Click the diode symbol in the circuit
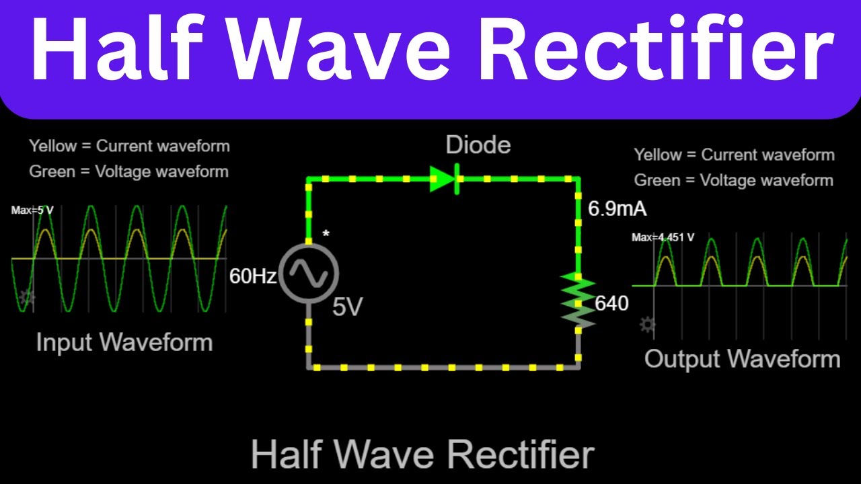coord(445,179)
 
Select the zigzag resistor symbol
coord(578,300)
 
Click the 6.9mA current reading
coord(617,209)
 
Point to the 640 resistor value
coord(611,303)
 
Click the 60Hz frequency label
coord(253,276)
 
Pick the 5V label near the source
coord(348,307)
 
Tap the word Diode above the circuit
coord(478,145)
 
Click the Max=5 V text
coord(32,210)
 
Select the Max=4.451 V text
coord(663,237)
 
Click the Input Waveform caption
coord(124,342)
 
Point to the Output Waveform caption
coord(742,359)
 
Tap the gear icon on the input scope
coord(27,297)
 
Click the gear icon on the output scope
coord(647,325)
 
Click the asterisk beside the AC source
coord(326,233)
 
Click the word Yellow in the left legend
coord(53,146)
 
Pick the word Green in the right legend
coord(657,180)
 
